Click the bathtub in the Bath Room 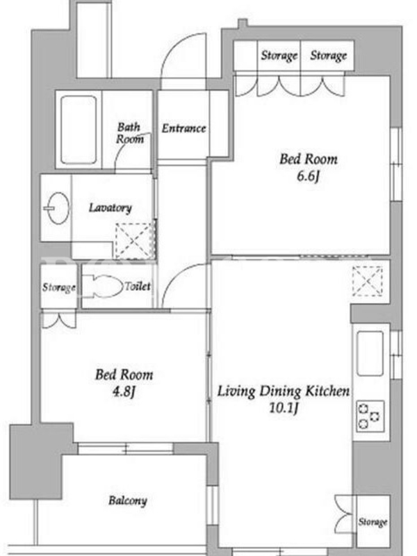click(x=79, y=130)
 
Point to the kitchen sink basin click(x=370, y=353)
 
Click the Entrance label click(x=183, y=128)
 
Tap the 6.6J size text click(x=308, y=177)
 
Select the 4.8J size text click(x=124, y=392)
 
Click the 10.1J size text click(x=283, y=408)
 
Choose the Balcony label click(x=128, y=500)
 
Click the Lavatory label click(x=111, y=207)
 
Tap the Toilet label click(x=138, y=286)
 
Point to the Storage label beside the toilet click(x=59, y=287)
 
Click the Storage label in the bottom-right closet click(x=373, y=522)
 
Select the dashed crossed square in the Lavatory click(x=134, y=240)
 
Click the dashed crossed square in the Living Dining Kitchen click(x=368, y=281)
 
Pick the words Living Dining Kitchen click(x=284, y=391)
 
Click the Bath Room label click(x=130, y=133)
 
